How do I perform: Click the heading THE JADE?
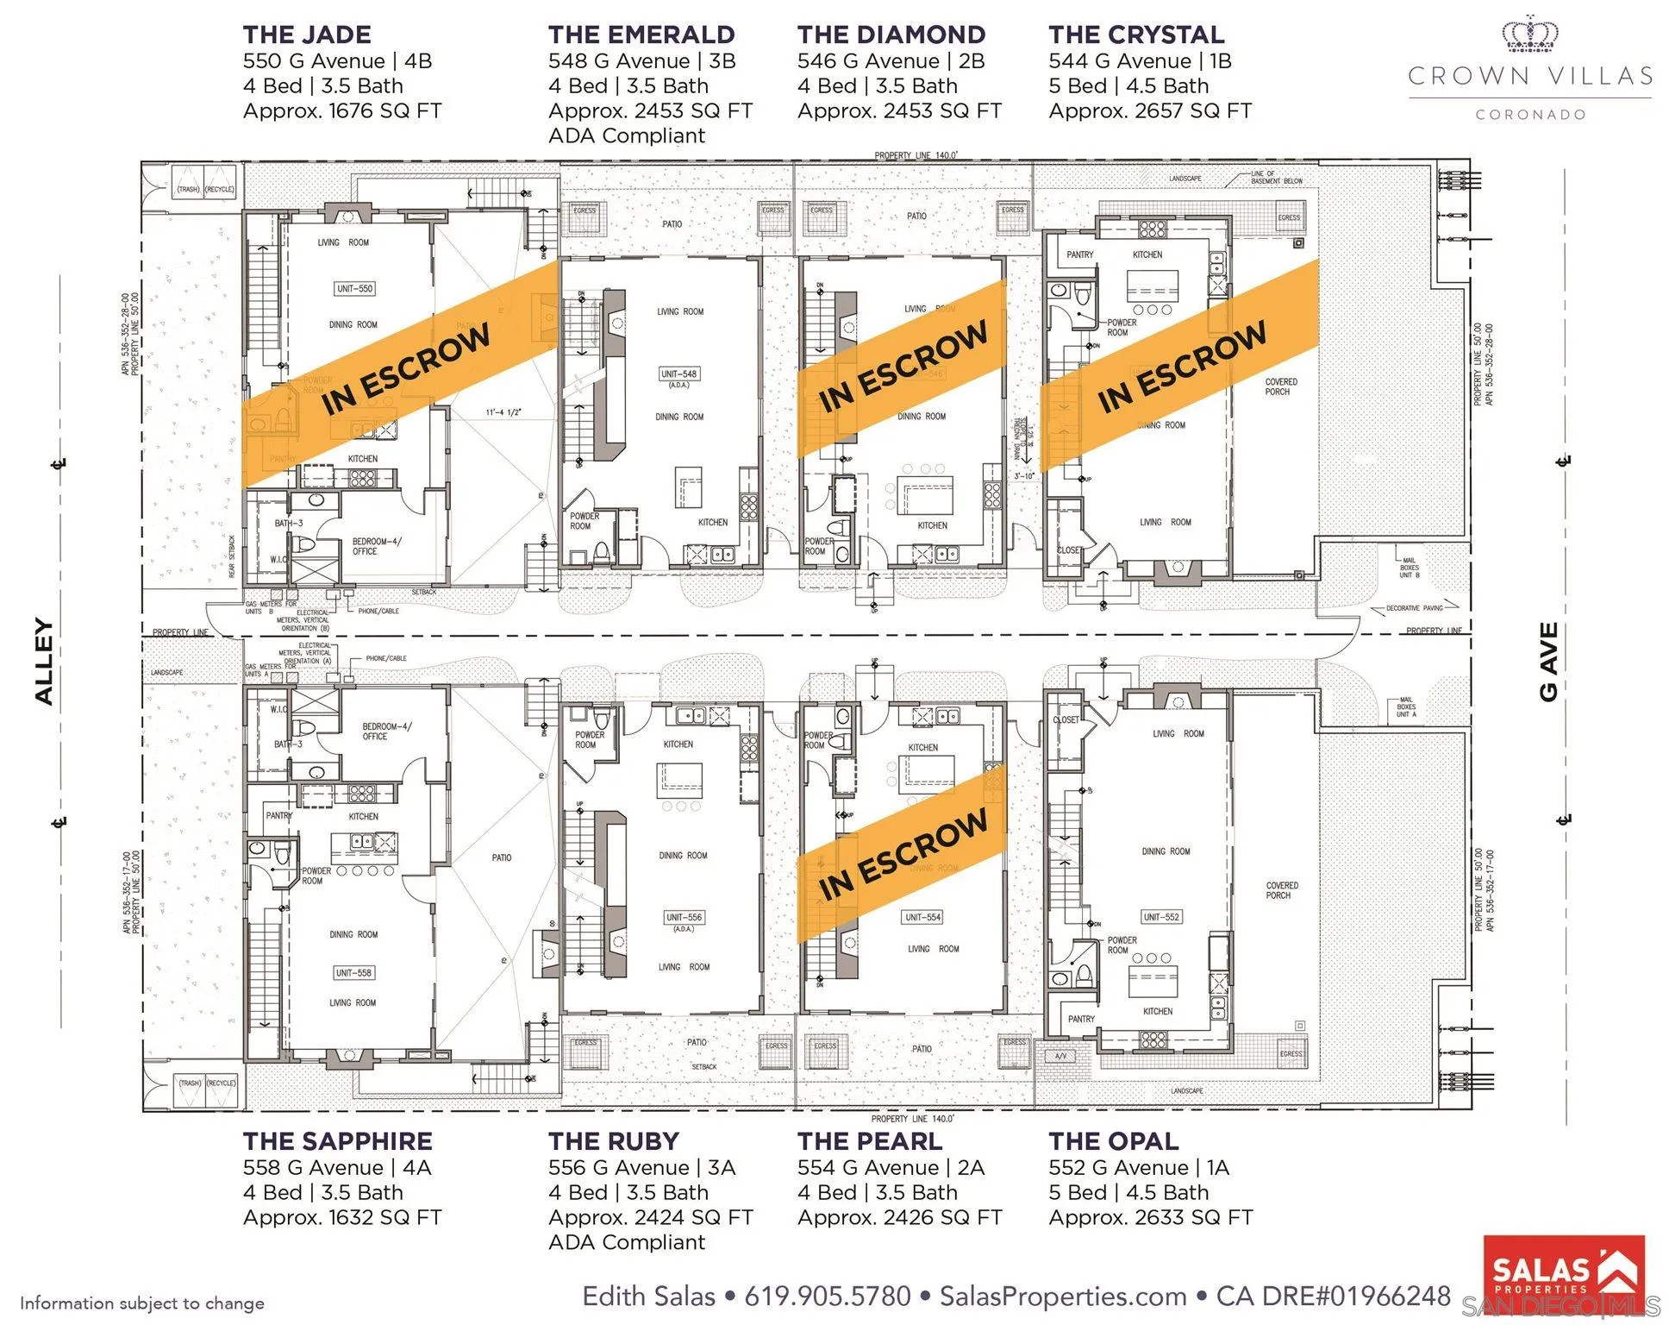click(x=307, y=35)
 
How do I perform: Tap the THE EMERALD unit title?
click(x=641, y=35)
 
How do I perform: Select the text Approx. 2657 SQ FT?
click(x=1150, y=111)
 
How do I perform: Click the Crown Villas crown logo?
click(x=1530, y=35)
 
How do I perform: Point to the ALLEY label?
click(x=44, y=662)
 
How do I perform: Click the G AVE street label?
click(x=1549, y=662)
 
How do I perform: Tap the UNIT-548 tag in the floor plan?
click(x=678, y=374)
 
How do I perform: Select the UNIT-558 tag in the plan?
click(x=353, y=973)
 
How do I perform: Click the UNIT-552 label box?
click(x=1161, y=917)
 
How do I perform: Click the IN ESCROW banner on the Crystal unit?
click(x=1181, y=366)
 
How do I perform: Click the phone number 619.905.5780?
click(x=828, y=1297)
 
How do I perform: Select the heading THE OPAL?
click(x=1113, y=1141)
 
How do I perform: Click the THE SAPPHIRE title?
click(x=337, y=1141)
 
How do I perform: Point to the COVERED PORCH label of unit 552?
click(x=1282, y=890)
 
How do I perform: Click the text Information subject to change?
click(x=142, y=1303)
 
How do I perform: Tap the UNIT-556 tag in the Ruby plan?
click(x=683, y=917)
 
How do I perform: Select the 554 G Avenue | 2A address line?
click(x=891, y=1168)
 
